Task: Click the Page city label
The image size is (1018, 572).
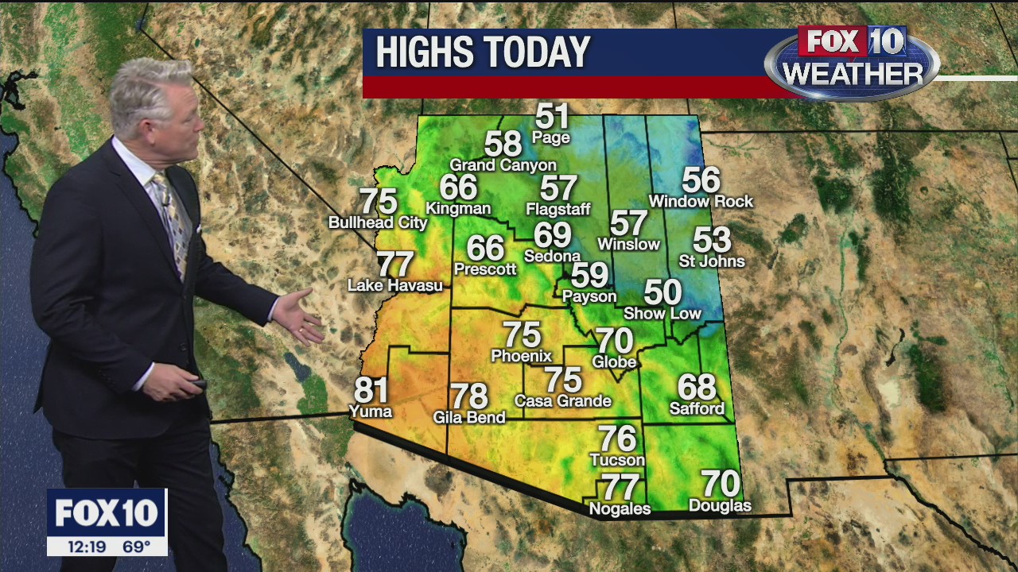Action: [551, 138]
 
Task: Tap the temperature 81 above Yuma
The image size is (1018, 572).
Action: [371, 390]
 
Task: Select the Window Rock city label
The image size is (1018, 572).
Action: [701, 202]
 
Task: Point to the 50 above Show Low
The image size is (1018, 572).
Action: [662, 292]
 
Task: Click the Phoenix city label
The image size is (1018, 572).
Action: [522, 356]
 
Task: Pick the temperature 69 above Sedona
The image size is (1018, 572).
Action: [553, 235]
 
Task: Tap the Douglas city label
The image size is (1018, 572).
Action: [720, 506]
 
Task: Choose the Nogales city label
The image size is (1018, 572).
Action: [620, 508]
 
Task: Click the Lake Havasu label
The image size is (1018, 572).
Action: [395, 285]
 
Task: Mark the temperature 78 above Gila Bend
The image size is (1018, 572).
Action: [469, 396]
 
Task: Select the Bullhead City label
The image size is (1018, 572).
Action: [378, 223]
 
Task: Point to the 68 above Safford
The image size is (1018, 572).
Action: [697, 387]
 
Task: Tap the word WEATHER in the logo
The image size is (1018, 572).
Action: [853, 75]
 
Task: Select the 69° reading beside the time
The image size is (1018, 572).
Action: [136, 547]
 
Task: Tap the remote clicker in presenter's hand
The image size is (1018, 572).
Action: [195, 385]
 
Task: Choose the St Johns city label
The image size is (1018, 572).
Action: [712, 261]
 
